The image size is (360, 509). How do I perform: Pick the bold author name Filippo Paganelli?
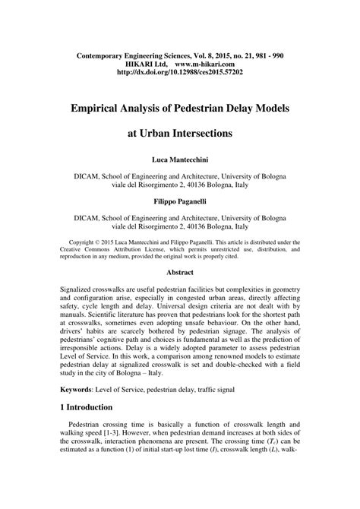[179, 201]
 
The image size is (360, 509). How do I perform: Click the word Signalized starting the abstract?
[82, 291]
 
